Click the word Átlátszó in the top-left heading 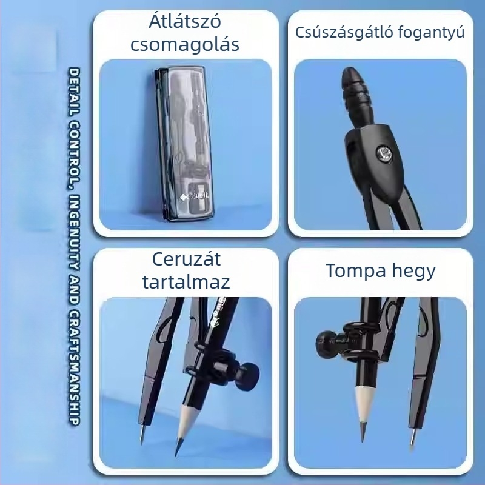tap(185, 21)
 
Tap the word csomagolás tap(185, 45)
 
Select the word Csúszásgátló tap(344, 33)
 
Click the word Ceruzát tap(186, 259)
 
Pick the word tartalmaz tap(186, 282)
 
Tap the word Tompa tap(356, 271)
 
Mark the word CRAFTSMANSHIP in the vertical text tap(74, 367)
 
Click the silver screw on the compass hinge tap(384, 154)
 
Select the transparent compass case tap(185, 144)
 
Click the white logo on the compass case tap(194, 196)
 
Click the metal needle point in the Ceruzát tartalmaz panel tap(142, 435)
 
